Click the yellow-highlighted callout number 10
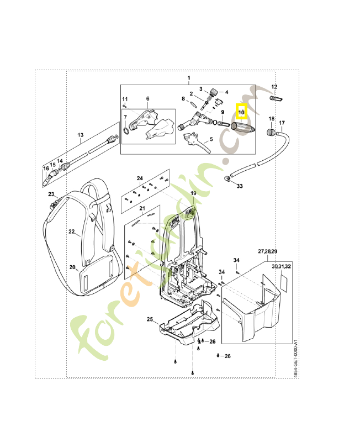(241, 112)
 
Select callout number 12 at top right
(274, 87)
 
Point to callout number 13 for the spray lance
(80, 135)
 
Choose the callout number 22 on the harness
(71, 232)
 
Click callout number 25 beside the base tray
(149, 319)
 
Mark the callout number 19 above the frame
(193, 192)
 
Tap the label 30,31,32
(281, 266)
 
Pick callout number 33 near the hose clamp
(239, 186)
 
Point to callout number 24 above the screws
(140, 178)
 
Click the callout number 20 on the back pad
(72, 267)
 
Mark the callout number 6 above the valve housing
(147, 99)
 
